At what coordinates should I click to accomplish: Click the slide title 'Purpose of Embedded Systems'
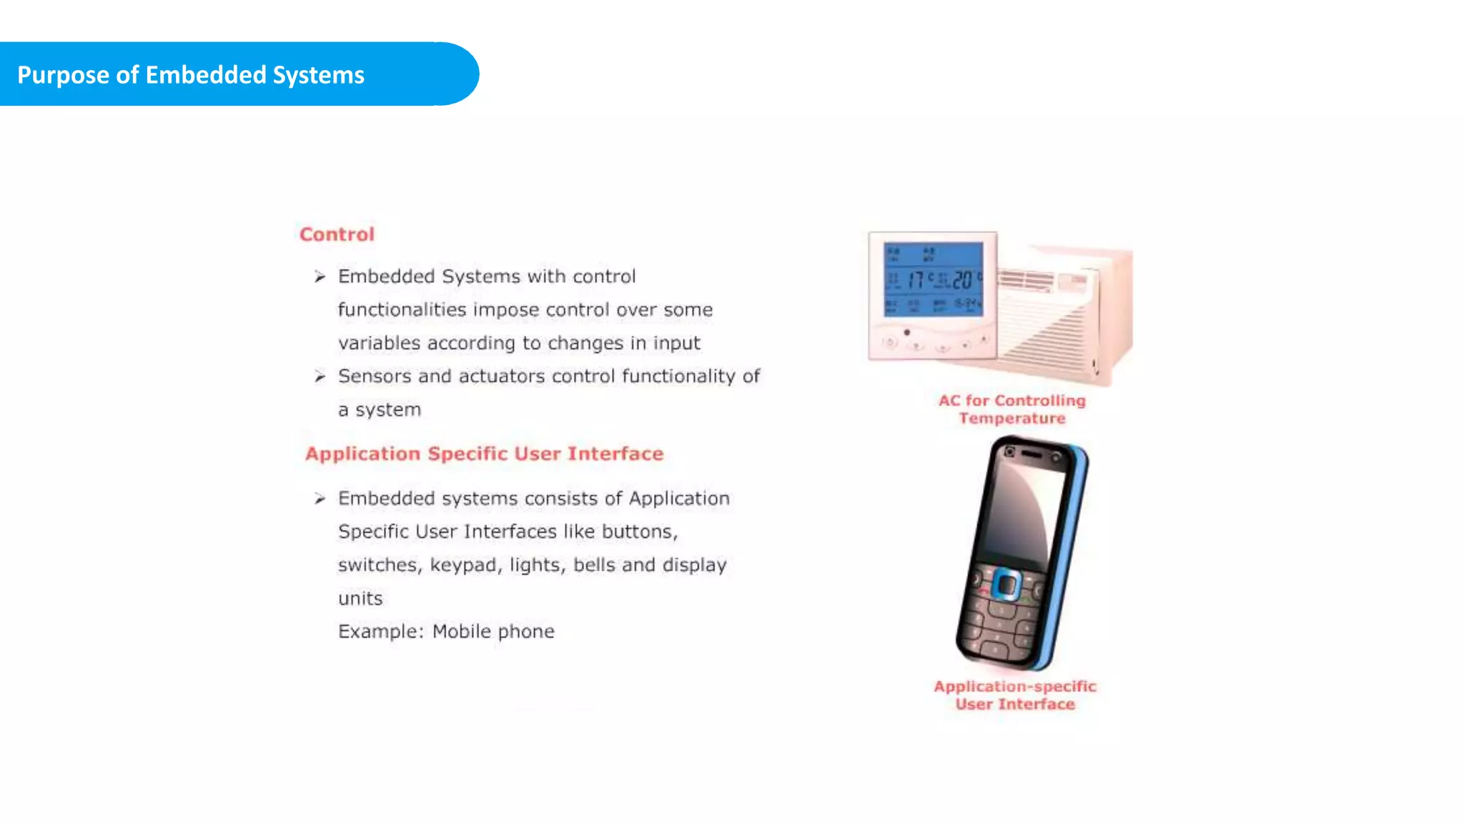click(x=191, y=75)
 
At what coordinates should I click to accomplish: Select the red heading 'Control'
click(x=337, y=234)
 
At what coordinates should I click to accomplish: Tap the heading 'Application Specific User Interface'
click(x=484, y=454)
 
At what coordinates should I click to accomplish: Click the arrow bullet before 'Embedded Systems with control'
click(x=320, y=276)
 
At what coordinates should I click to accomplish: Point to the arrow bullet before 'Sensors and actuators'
click(x=320, y=376)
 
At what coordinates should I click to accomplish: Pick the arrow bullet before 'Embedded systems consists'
click(x=320, y=499)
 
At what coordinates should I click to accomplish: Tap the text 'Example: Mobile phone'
click(x=446, y=632)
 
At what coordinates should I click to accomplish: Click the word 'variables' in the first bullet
click(x=379, y=344)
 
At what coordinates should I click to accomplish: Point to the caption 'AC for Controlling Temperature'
click(x=1012, y=409)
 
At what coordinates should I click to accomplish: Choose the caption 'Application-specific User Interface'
click(x=1014, y=695)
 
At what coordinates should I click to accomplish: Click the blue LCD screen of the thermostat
click(x=933, y=279)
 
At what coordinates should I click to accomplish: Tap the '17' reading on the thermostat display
click(x=916, y=279)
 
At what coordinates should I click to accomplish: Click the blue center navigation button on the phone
click(x=1006, y=586)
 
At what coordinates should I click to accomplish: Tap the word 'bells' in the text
click(x=594, y=565)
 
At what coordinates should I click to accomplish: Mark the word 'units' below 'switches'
click(x=360, y=599)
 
